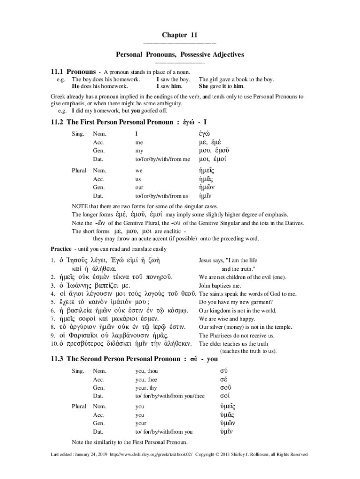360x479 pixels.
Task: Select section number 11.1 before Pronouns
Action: tap(57, 72)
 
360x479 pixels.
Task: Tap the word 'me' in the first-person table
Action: tap(139, 142)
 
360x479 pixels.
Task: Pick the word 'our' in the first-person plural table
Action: tap(139, 187)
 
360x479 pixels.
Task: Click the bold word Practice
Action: tap(61, 248)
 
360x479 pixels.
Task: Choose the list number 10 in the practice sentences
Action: tap(54, 344)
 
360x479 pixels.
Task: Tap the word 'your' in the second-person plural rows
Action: tap(141, 423)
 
